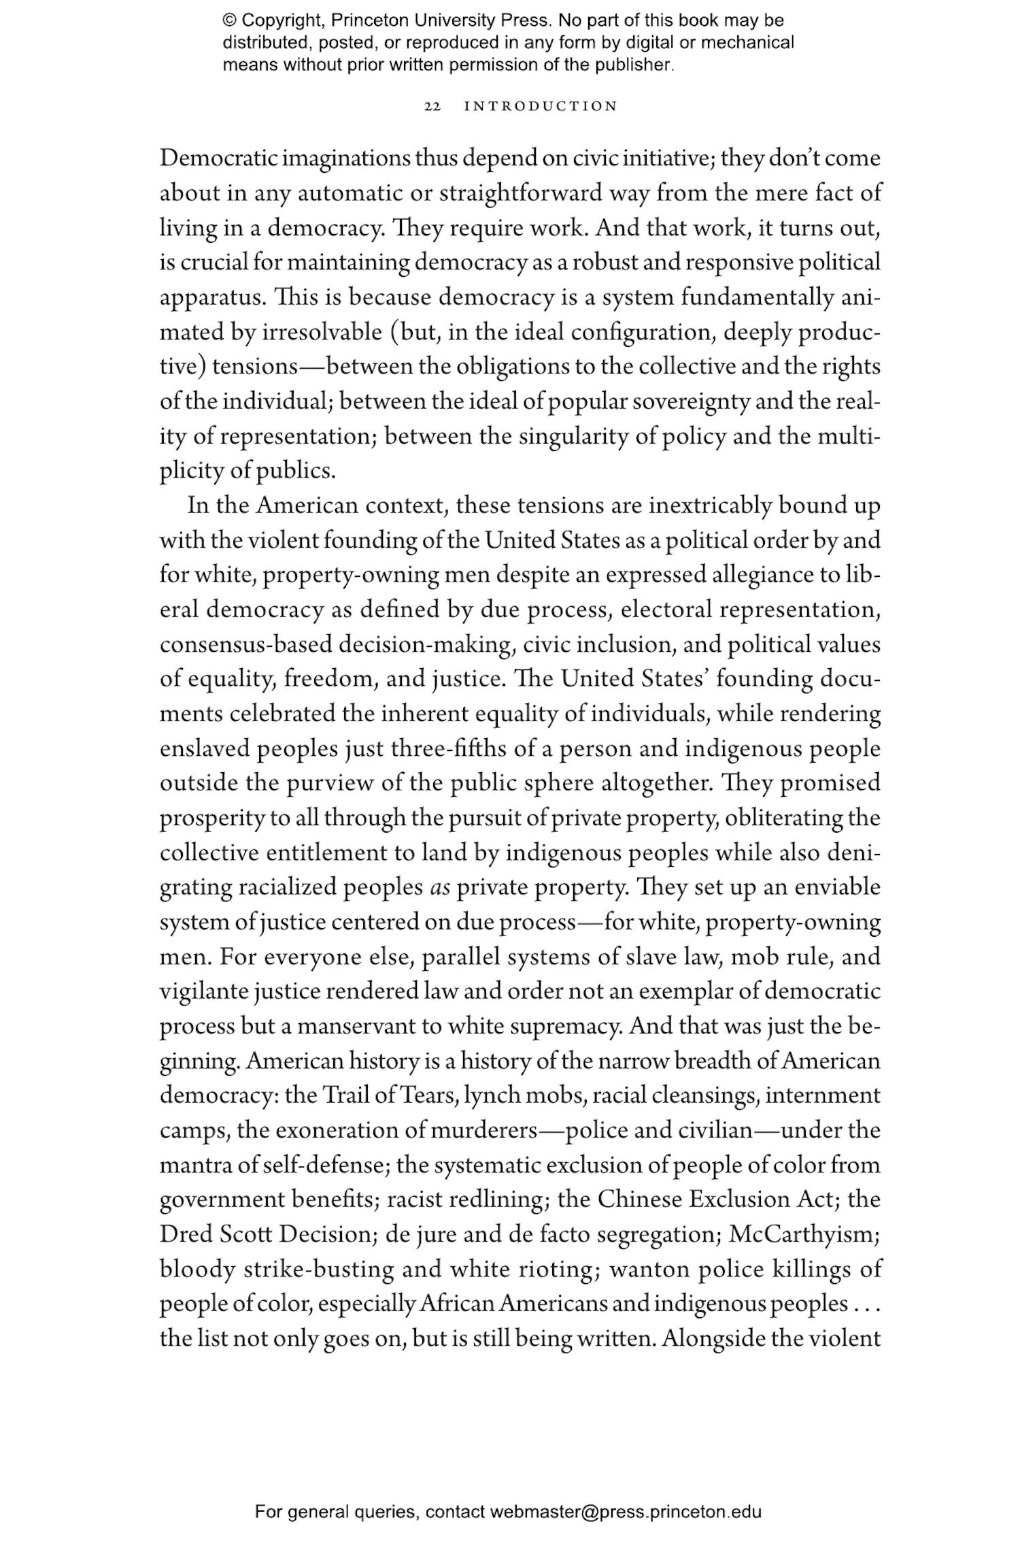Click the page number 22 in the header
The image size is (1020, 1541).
pyautogui.click(x=432, y=107)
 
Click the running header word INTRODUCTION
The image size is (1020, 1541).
pyautogui.click(x=541, y=107)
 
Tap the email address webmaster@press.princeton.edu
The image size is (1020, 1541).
pyautogui.click(x=625, y=1512)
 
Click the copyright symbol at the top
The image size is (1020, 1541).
pyautogui.click(x=229, y=20)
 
